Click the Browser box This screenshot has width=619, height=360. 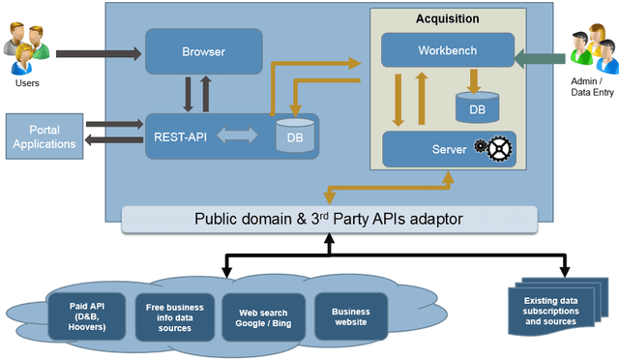click(204, 50)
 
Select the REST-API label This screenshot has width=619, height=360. click(182, 137)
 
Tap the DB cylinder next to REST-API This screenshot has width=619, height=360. click(294, 135)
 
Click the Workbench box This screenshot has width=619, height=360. click(448, 49)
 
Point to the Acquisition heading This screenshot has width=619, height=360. click(447, 18)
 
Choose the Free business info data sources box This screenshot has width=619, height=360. click(169, 316)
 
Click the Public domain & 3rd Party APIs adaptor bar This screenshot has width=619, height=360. click(329, 219)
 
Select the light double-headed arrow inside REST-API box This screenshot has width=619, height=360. click(236, 137)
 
